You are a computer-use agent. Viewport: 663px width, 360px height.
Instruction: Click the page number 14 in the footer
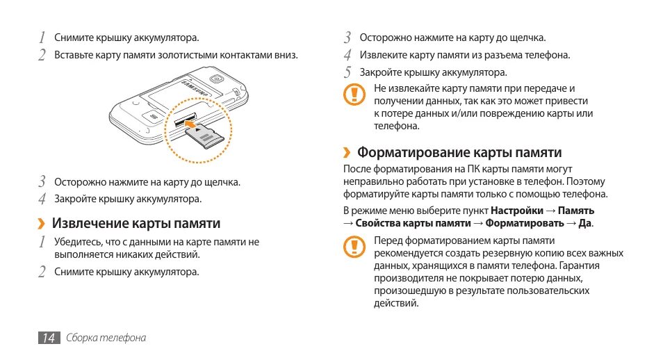[48, 338]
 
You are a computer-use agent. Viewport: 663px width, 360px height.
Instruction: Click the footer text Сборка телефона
[106, 338]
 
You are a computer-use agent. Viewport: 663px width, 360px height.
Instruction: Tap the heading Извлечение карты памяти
[136, 223]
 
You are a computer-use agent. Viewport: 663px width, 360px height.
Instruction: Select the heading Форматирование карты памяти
[459, 152]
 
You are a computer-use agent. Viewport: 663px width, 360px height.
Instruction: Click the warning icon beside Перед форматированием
[356, 245]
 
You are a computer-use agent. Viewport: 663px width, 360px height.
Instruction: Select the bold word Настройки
[517, 210]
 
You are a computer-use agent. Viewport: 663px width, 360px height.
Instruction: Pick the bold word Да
[585, 223]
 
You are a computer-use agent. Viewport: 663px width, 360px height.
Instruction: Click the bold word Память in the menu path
[576, 210]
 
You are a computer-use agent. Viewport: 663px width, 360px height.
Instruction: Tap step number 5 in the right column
[347, 72]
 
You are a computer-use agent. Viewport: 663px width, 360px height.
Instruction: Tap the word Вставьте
[74, 54]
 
